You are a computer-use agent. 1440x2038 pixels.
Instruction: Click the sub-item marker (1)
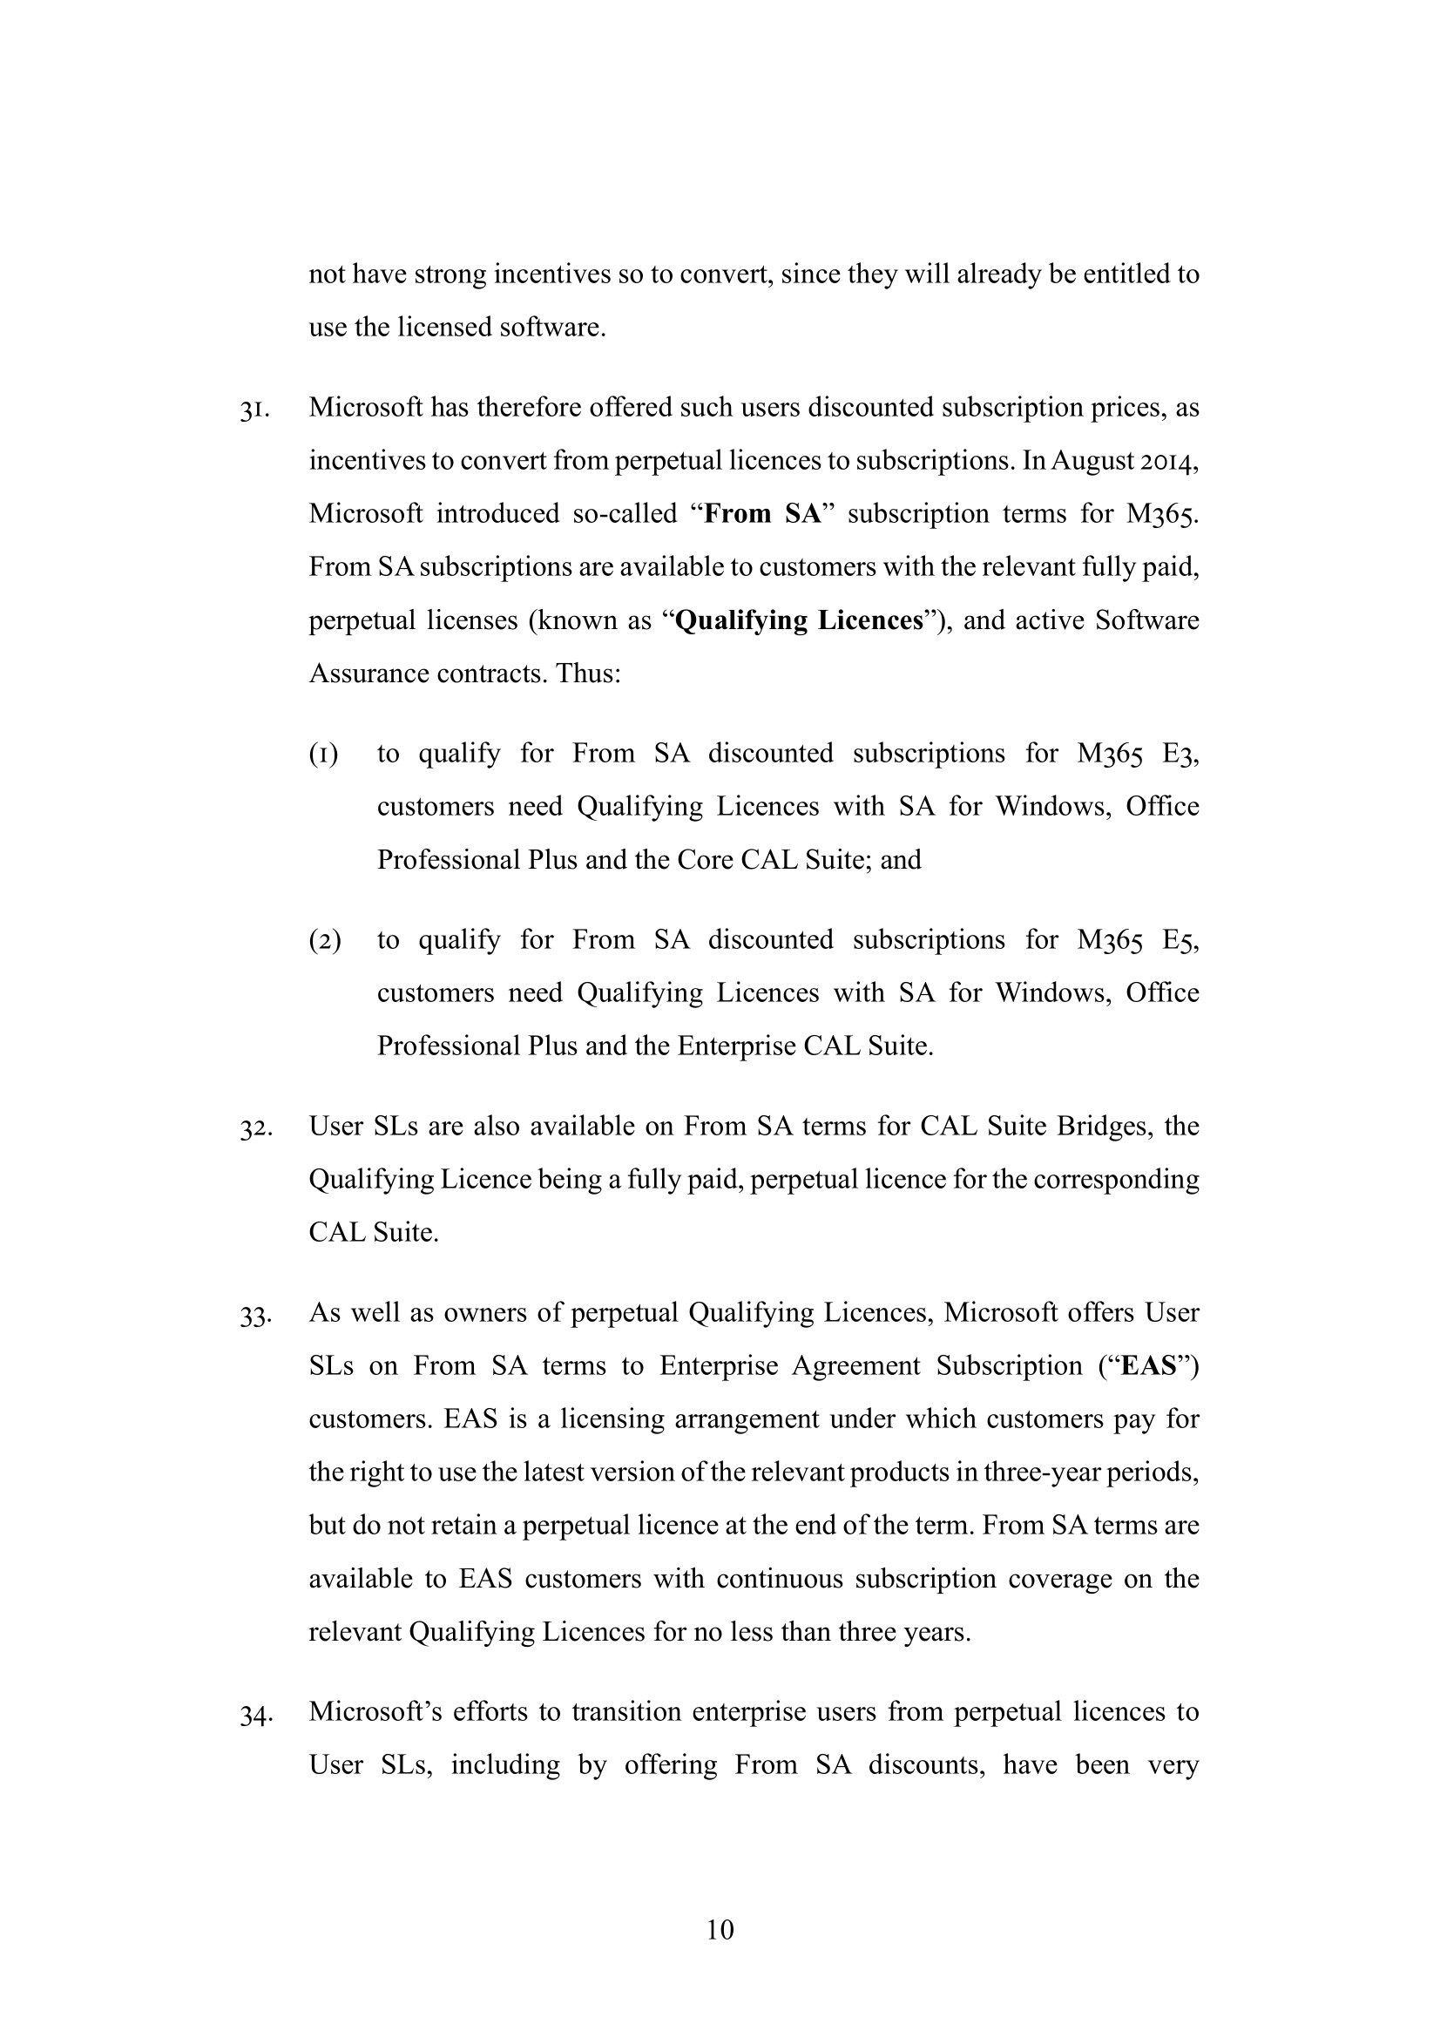tap(324, 755)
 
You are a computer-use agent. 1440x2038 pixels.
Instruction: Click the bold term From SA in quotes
tap(764, 514)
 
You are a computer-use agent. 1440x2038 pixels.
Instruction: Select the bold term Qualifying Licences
tap(800, 620)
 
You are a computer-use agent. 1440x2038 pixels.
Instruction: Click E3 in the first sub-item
tap(1180, 754)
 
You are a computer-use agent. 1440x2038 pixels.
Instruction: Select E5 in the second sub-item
tap(1180, 940)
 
